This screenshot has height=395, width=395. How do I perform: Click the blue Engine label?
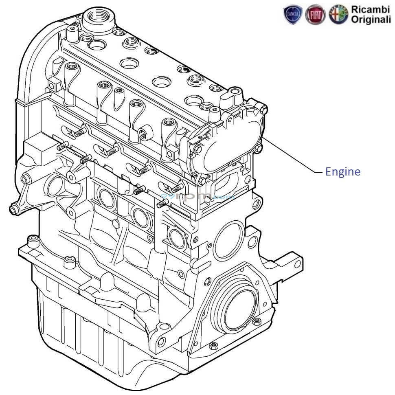342,172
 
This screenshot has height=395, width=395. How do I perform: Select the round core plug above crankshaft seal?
228,240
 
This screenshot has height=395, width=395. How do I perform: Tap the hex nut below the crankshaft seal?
214,346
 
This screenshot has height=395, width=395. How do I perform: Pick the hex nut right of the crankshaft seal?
257,322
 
